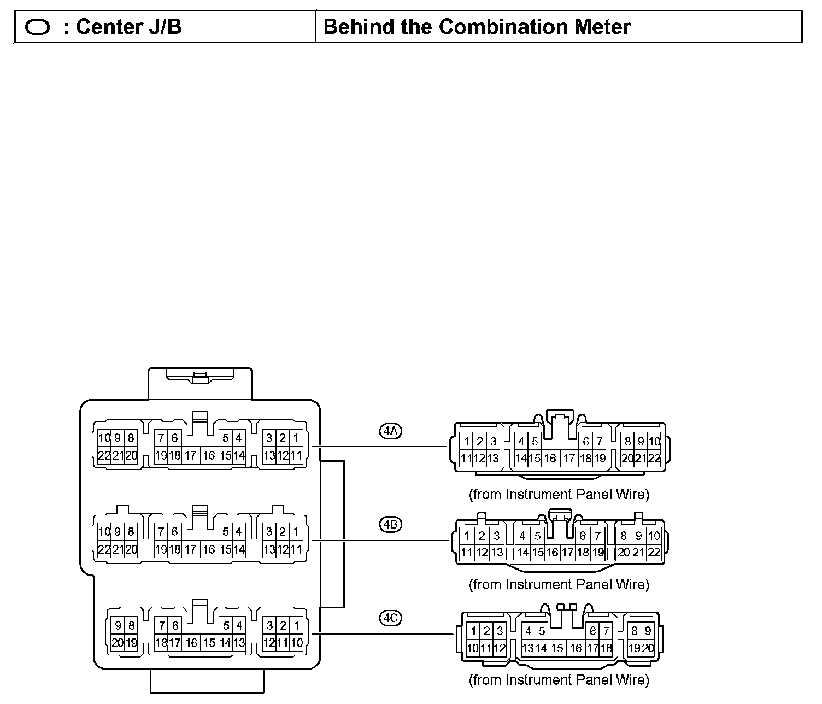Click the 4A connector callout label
(390, 431)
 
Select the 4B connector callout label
(390, 525)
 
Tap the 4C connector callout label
(390, 618)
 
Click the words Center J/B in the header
(128, 26)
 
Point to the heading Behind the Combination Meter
(477, 26)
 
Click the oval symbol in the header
(38, 27)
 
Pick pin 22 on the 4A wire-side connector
(654, 459)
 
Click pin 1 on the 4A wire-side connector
(466, 442)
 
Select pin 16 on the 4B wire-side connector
(552, 553)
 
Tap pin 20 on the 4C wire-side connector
(648, 648)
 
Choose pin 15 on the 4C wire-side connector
(557, 648)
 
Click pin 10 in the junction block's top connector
(104, 438)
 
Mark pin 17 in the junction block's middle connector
(190, 549)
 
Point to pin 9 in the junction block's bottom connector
(118, 625)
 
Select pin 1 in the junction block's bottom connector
(296, 625)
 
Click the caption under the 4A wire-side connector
(559, 494)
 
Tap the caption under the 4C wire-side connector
(559, 680)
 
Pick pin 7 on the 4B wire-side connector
(598, 536)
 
